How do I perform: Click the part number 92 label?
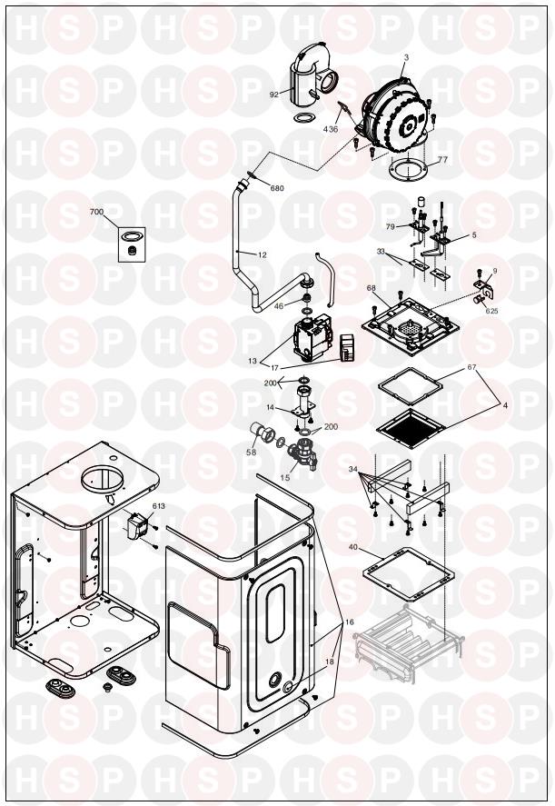273,95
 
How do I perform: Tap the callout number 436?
331,130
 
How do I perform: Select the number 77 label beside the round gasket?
442,159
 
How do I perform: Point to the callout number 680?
277,188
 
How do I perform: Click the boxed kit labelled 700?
132,244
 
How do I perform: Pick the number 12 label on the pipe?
263,254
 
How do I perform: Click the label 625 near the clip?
491,311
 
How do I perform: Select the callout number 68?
371,288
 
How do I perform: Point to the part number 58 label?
251,452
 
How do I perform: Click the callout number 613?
159,506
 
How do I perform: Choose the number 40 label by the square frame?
353,547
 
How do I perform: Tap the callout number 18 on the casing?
330,662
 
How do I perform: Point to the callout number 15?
285,478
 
